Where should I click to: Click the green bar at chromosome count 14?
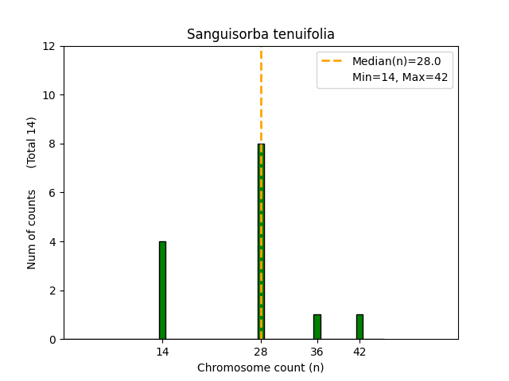click(162, 291)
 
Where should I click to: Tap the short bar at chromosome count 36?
click(317, 327)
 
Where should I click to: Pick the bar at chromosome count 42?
click(359, 327)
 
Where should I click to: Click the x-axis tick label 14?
click(162, 352)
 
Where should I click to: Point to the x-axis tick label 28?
click(261, 352)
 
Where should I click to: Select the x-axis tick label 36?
click(317, 352)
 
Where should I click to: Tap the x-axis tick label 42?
click(359, 352)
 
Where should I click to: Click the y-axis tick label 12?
click(49, 46)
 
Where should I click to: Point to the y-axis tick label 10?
click(49, 95)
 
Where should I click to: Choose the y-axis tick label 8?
click(52, 144)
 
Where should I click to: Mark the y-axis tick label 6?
click(52, 193)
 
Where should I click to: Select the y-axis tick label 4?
click(52, 241)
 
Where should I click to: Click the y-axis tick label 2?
click(52, 291)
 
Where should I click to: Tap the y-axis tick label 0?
click(52, 339)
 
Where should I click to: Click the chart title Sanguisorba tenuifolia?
click(261, 34)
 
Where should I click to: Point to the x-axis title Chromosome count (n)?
click(261, 368)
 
